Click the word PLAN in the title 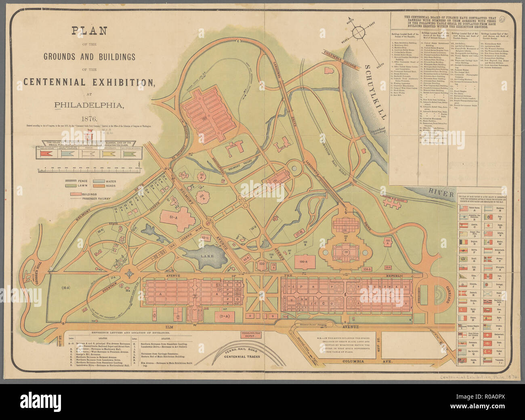pyautogui.click(x=89, y=31)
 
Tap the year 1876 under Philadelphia pyautogui.click(x=89, y=119)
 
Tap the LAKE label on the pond pyautogui.click(x=207, y=256)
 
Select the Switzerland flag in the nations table pyautogui.click(x=489, y=335)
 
